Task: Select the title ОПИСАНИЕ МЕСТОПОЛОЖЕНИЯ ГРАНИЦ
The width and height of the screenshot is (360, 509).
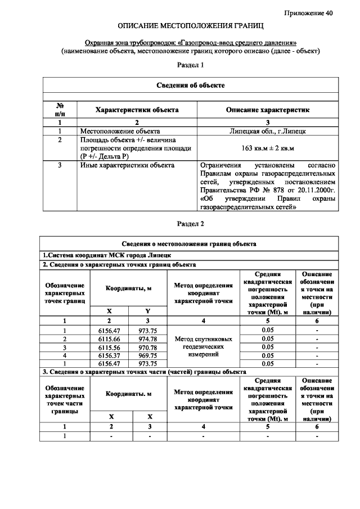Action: [191, 26]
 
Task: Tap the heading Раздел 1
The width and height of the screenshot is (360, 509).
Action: [190, 65]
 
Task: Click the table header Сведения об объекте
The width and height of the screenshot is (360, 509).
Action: [190, 85]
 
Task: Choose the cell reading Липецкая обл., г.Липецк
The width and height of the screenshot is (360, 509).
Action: [267, 131]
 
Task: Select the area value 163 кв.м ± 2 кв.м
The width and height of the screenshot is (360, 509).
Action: [267, 148]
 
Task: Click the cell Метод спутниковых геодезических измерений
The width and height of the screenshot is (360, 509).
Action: [203, 347]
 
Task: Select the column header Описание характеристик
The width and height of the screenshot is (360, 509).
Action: [267, 110]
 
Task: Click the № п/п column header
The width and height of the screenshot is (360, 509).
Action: [60, 110]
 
